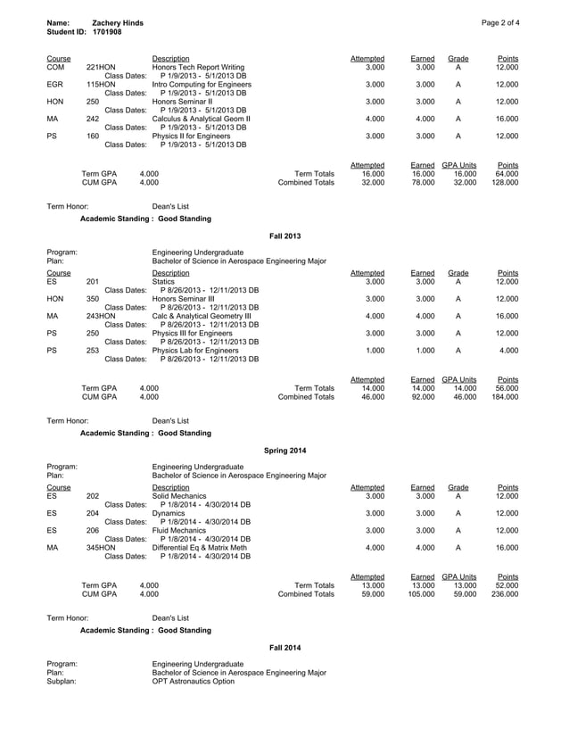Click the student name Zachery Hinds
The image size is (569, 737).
pyautogui.click(x=118, y=21)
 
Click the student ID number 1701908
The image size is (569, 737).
pyautogui.click(x=107, y=31)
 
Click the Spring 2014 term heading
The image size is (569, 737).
pyautogui.click(x=284, y=449)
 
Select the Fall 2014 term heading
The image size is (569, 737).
pyautogui.click(x=284, y=645)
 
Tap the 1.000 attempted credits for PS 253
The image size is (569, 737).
pyautogui.click(x=373, y=349)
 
